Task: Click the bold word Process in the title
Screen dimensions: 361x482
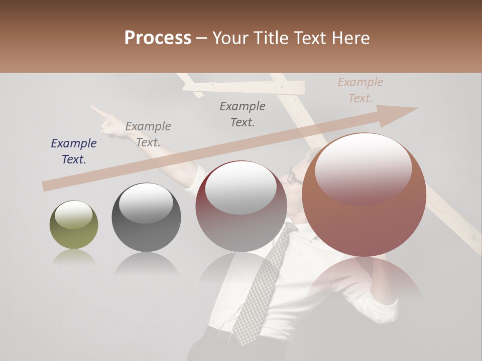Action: tap(158, 38)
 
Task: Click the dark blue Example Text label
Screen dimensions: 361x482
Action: tap(74, 151)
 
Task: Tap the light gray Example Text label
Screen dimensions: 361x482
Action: tap(148, 134)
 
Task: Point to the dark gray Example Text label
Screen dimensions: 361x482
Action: tap(243, 114)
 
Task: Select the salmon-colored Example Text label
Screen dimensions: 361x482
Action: tap(360, 90)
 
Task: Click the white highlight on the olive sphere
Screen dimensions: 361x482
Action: tap(74, 215)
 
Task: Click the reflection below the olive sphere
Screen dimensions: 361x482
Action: tap(74, 258)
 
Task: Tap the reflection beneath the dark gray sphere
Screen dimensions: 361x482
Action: tap(146, 263)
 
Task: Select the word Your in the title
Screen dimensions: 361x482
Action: tap(231, 38)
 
